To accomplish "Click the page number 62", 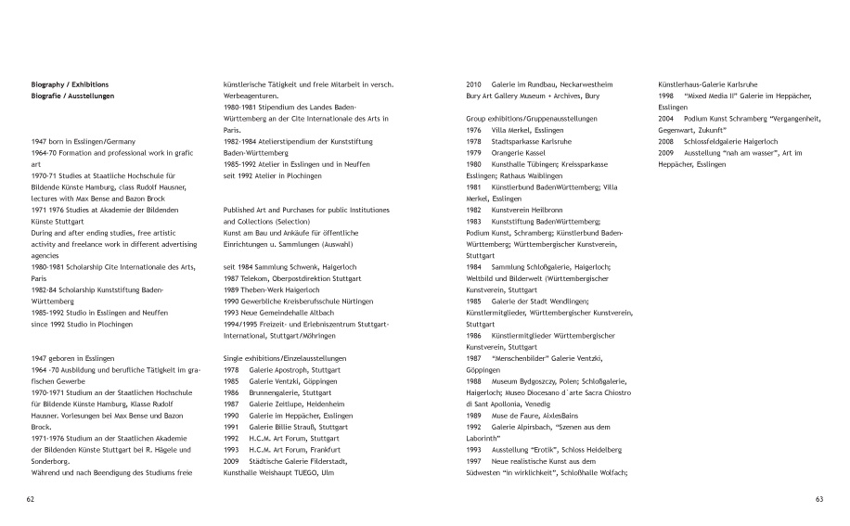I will [x=31, y=498].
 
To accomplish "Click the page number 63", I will [x=818, y=498].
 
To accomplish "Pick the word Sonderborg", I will [x=54, y=458].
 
